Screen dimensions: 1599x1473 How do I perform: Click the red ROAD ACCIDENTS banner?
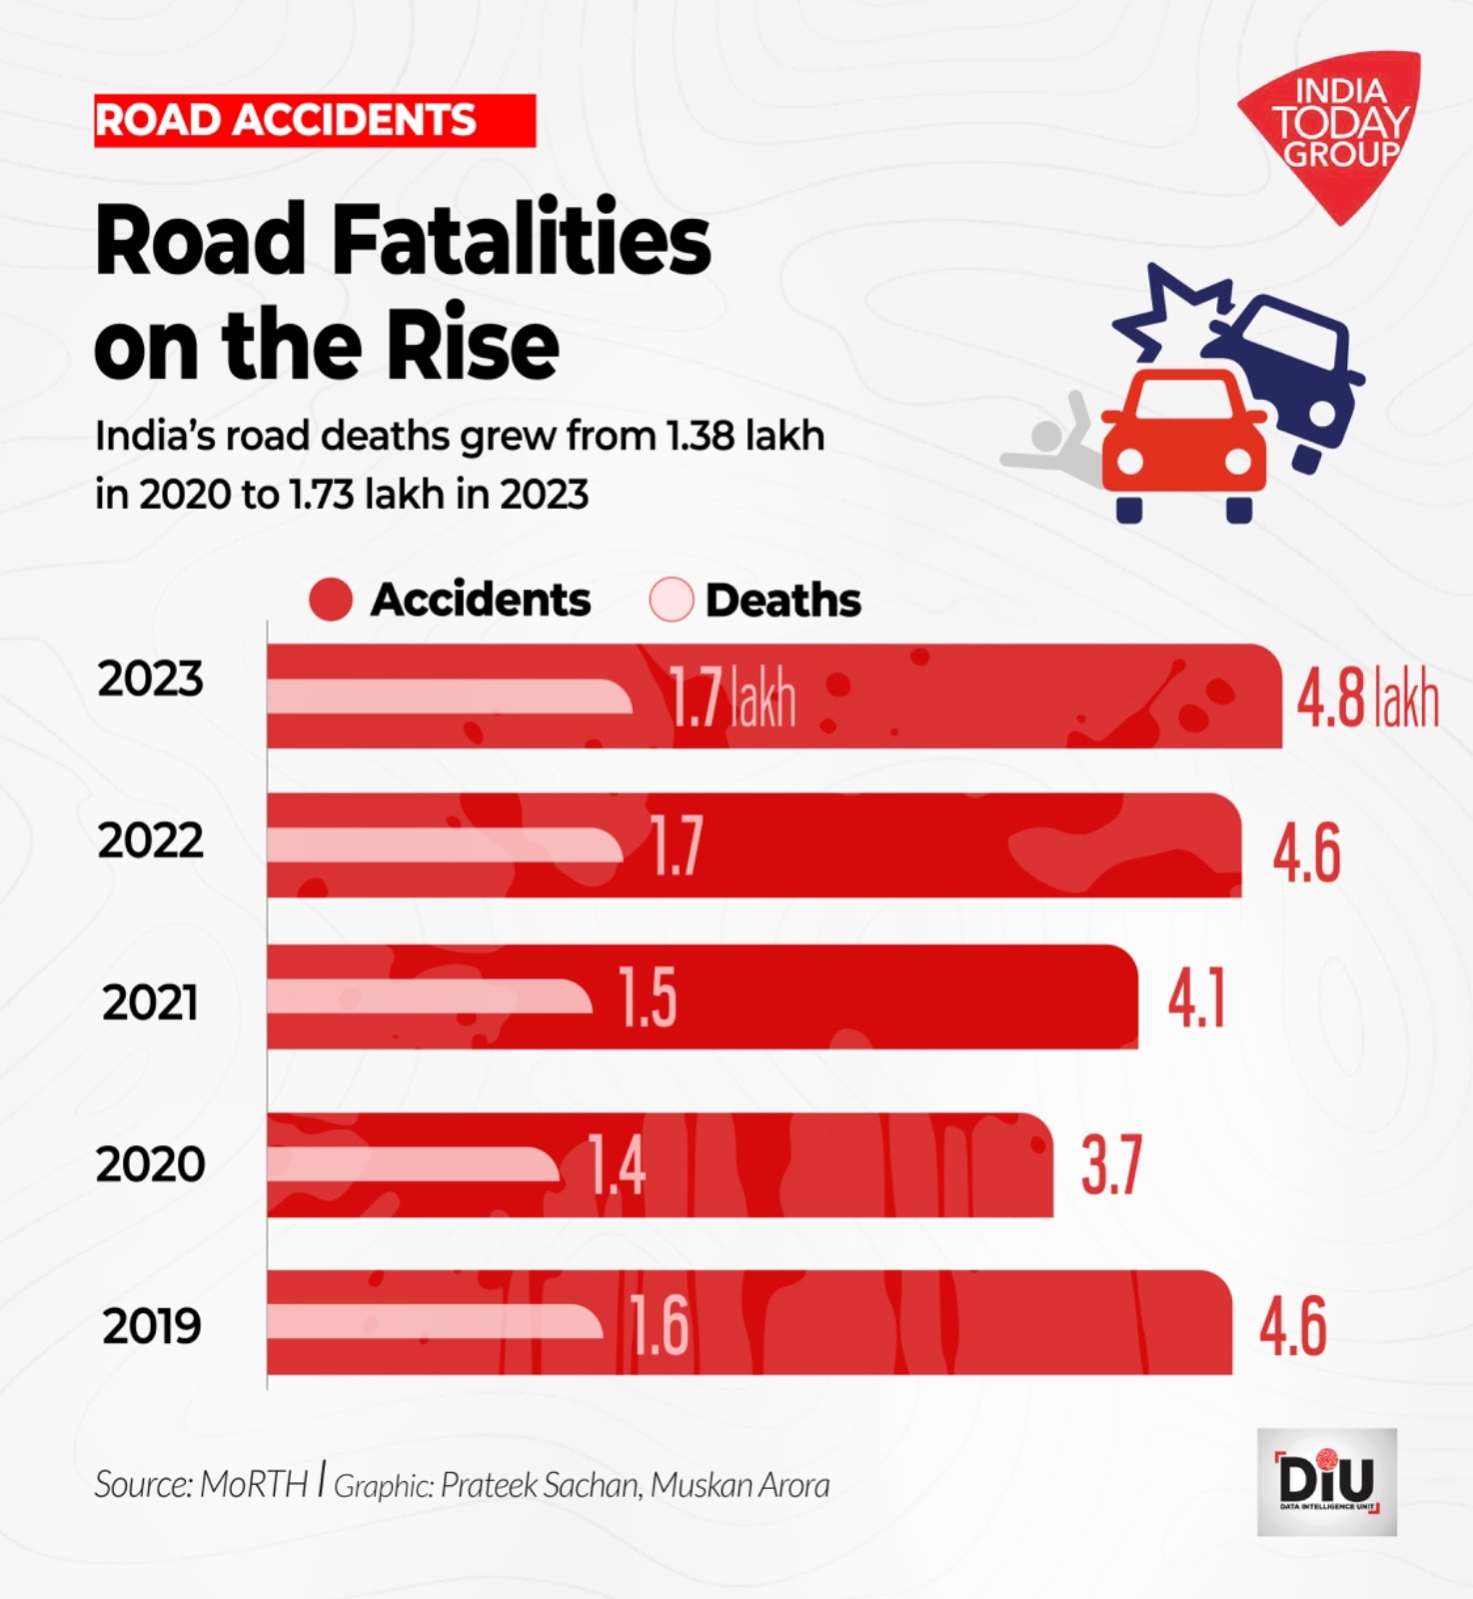point(314,121)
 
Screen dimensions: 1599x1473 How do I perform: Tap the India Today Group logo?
point(1335,125)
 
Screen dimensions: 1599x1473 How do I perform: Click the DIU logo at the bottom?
point(1326,1481)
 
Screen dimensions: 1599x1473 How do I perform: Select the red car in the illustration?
point(1184,440)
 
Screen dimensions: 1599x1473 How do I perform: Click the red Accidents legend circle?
point(331,600)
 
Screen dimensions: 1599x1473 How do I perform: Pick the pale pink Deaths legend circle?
point(671,600)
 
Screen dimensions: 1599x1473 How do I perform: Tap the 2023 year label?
point(151,680)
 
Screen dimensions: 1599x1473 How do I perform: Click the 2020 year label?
point(151,1165)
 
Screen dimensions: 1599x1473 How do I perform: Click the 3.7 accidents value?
point(1111,1164)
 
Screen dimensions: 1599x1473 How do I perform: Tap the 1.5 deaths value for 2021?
point(648,997)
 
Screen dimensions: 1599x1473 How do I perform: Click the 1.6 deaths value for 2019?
point(660,1325)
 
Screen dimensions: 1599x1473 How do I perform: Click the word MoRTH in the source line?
point(254,1484)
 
